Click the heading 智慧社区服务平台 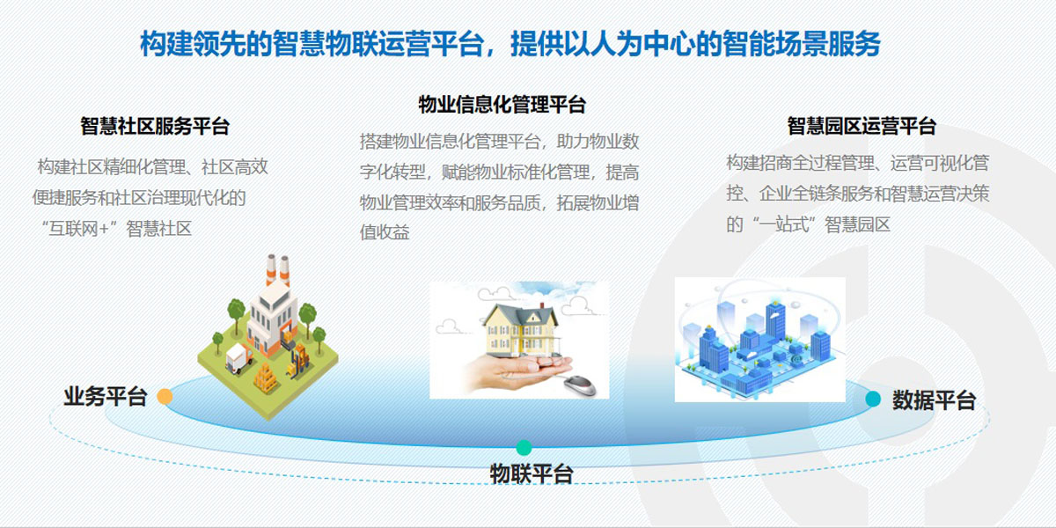pyautogui.click(x=155, y=127)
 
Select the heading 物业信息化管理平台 pyautogui.click(x=502, y=105)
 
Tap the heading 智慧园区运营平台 pyautogui.click(x=862, y=127)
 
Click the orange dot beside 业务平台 pyautogui.click(x=165, y=397)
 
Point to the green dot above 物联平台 pyautogui.click(x=524, y=447)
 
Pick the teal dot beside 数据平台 pyautogui.click(x=873, y=399)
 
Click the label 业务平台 pyautogui.click(x=106, y=397)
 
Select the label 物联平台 pyautogui.click(x=532, y=473)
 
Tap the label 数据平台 pyautogui.click(x=934, y=400)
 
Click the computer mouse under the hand pyautogui.click(x=580, y=385)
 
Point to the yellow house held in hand pyautogui.click(x=521, y=330)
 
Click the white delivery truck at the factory pyautogui.click(x=238, y=359)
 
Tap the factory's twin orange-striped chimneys pyautogui.click(x=278, y=269)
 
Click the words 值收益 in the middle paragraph pyautogui.click(x=385, y=232)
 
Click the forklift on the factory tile pyautogui.click(x=299, y=362)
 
